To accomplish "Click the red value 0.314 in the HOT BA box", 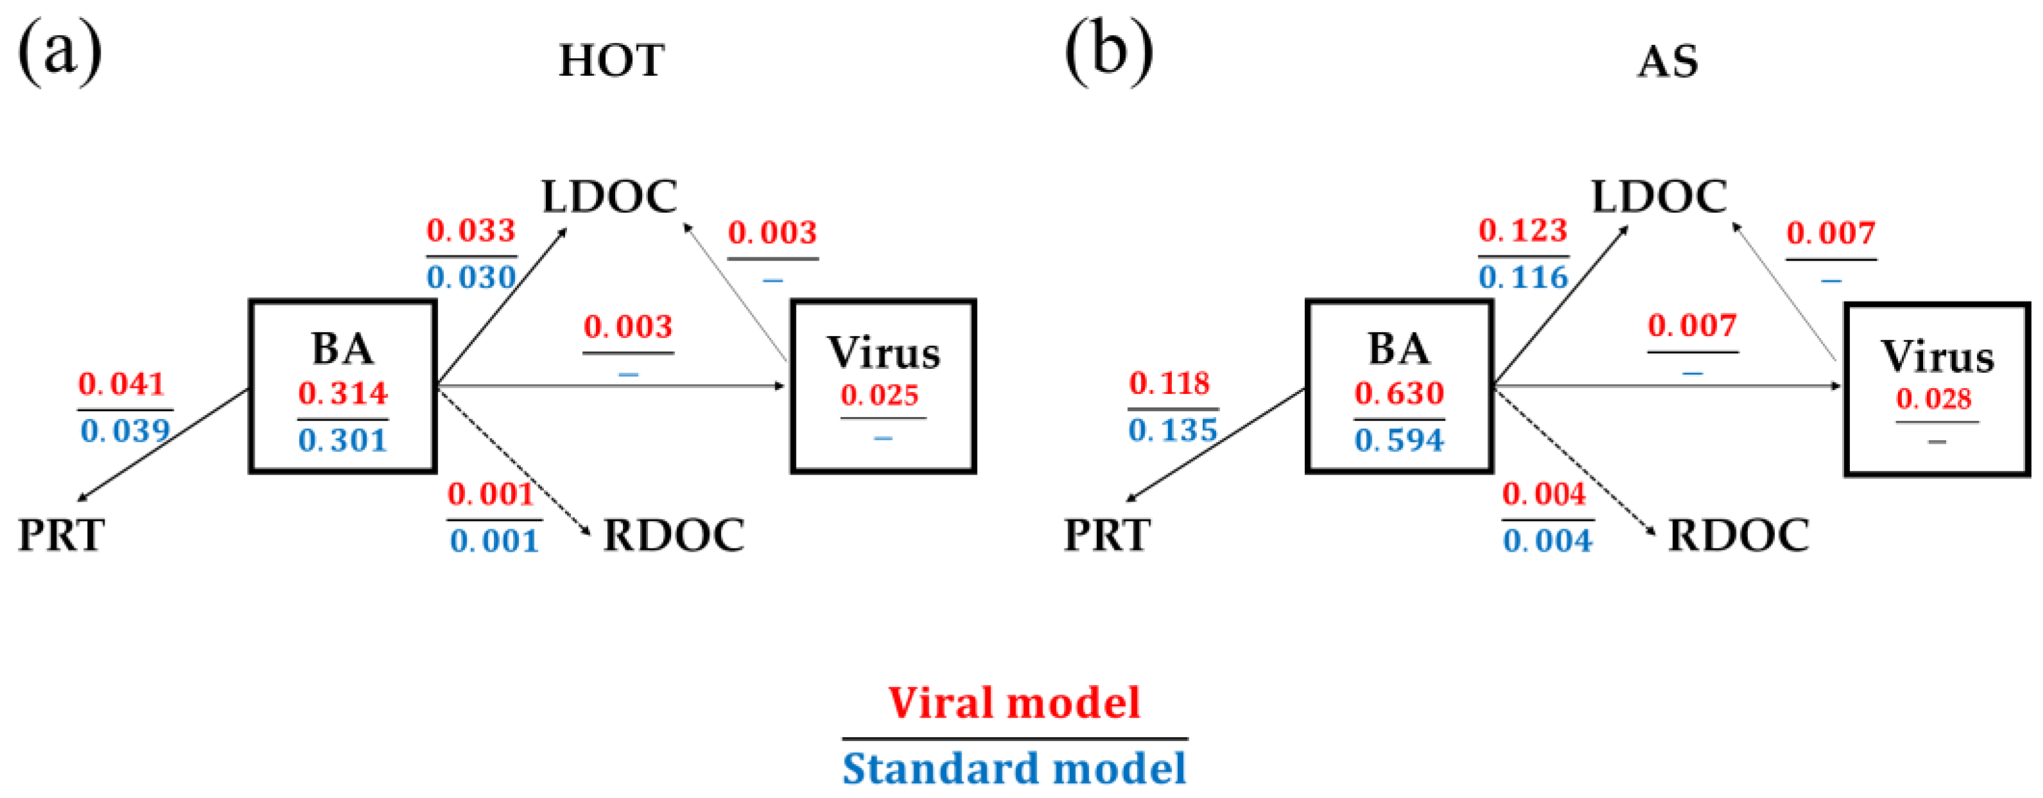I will coord(343,393).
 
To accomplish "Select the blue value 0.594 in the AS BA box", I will coord(1399,440).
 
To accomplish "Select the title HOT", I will coord(611,61).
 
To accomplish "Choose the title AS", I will coord(1668,62).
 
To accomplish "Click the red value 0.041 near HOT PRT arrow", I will coord(121,384).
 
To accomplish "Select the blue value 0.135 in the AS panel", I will coord(1172,430).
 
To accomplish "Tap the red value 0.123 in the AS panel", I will coord(1523,231).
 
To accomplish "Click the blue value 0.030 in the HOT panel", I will coord(471,278).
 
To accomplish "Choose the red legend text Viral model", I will coord(1013,703).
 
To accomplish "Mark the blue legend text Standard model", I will coord(1013,768).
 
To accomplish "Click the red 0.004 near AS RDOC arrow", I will coord(1543,494).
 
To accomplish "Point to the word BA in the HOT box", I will coord(342,348).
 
